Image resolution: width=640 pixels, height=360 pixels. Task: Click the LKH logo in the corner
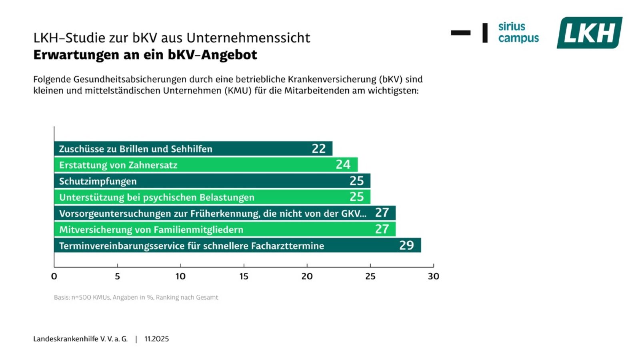click(589, 33)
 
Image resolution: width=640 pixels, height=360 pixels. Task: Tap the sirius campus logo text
click(518, 32)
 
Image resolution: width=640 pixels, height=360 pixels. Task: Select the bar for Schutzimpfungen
click(212, 181)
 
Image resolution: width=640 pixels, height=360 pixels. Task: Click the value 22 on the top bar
click(319, 148)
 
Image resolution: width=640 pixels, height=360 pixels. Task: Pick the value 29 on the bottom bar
click(406, 245)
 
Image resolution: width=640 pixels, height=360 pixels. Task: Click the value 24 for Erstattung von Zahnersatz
click(343, 164)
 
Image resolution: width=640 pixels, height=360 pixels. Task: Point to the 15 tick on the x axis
click(244, 276)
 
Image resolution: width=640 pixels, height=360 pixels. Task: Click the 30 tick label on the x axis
click(433, 276)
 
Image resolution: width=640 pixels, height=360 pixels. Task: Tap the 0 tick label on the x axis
click(54, 276)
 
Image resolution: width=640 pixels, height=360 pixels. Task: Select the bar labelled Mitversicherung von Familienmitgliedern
click(224, 229)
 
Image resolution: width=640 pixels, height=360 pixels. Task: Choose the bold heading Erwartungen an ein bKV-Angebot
click(145, 55)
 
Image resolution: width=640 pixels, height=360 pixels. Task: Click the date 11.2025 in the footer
click(156, 339)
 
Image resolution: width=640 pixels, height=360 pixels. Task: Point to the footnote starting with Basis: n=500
click(136, 297)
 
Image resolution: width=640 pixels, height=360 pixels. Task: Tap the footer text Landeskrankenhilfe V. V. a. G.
click(80, 339)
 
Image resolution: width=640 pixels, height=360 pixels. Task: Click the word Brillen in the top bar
click(134, 149)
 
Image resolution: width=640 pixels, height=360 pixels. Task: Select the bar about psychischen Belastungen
click(212, 197)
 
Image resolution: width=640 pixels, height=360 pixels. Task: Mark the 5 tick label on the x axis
click(117, 276)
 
